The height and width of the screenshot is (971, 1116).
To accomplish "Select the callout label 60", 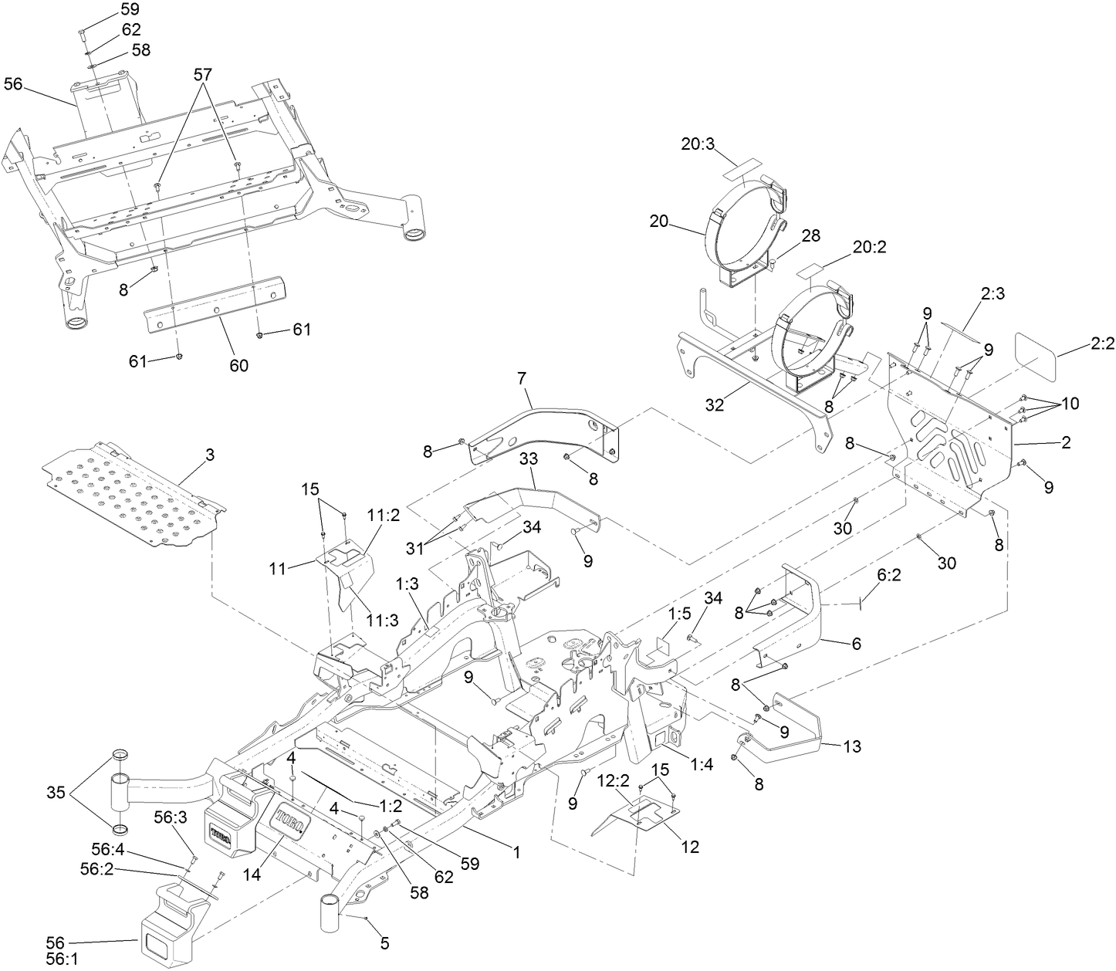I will (x=239, y=364).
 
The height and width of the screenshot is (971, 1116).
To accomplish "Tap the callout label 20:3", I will (x=698, y=144).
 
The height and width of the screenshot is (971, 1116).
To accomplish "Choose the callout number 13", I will (x=852, y=746).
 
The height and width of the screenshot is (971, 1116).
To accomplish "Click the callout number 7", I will (x=522, y=378).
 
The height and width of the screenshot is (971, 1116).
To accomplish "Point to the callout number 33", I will (x=528, y=480).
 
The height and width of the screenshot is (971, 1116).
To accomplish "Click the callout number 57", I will (x=203, y=74).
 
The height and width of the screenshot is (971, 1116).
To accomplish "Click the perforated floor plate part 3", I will (x=131, y=494).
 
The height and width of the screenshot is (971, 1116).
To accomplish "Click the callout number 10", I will (x=1070, y=403).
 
